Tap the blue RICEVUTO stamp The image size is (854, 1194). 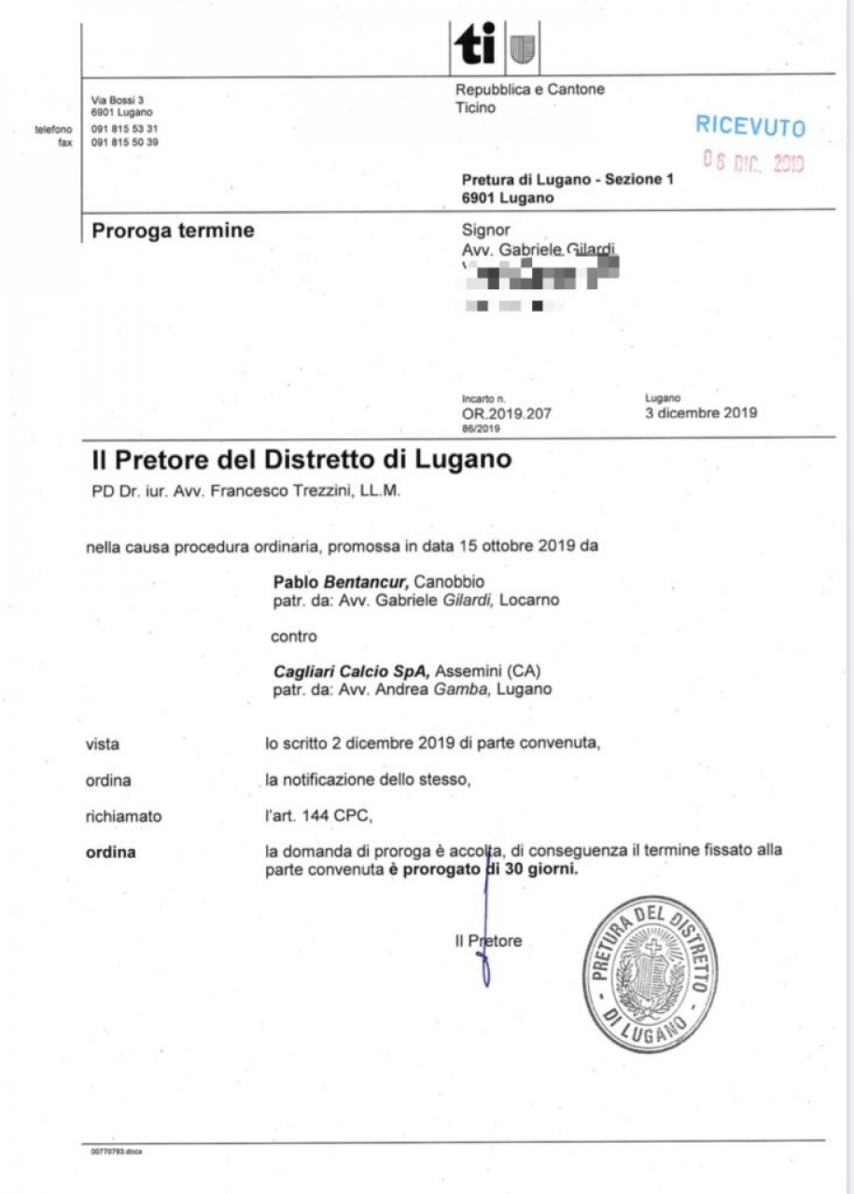[749, 127]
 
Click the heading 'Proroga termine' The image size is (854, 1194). [173, 230]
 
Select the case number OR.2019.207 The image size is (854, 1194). [507, 413]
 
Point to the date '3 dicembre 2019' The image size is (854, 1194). [701, 412]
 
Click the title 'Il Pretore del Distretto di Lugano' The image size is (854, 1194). [301, 460]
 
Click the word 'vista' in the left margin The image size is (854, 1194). [102, 743]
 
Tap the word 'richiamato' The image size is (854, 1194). [123, 816]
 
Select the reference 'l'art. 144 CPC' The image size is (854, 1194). [317, 816]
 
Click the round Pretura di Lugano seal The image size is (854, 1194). [650, 973]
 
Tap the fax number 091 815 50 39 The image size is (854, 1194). [124, 143]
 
